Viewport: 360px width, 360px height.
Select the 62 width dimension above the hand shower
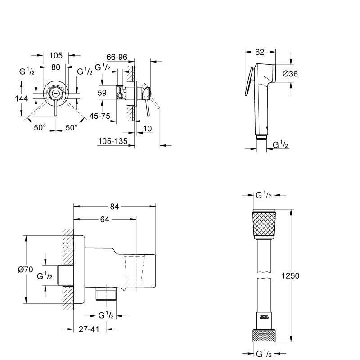[x=259, y=53]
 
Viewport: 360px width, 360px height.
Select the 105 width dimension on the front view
[x=56, y=55]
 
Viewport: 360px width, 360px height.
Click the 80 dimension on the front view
[x=56, y=67]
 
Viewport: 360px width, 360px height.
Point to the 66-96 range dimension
[x=117, y=57]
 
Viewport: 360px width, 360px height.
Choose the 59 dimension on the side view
[x=102, y=93]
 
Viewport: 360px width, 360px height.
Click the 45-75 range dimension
[x=99, y=116]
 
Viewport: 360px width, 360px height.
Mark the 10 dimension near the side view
[x=148, y=129]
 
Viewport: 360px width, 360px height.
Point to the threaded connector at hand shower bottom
[x=261, y=136]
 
